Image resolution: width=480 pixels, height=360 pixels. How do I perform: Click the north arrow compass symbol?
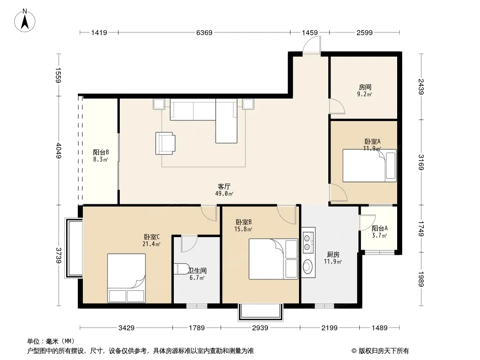tap(25, 21)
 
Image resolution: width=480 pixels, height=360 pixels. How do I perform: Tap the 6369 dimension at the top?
tap(204, 32)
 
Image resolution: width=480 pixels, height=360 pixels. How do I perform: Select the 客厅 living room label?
tap(224, 186)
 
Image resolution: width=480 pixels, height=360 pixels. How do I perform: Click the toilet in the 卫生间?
tap(181, 269)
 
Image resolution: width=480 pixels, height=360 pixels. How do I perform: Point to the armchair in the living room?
tap(165, 143)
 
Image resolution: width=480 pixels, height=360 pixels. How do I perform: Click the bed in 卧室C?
tap(126, 278)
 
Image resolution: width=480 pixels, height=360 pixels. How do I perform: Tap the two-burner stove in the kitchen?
tap(308, 240)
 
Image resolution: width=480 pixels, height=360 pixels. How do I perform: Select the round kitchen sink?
tap(308, 266)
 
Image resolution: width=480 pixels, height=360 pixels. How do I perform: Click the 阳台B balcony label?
tap(101, 152)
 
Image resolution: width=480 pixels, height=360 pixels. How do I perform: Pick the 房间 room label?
tap(365, 87)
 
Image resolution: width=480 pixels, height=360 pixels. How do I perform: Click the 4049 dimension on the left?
tap(59, 151)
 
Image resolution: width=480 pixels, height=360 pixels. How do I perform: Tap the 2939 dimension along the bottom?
tap(260, 328)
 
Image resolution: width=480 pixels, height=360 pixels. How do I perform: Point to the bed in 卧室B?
tap(273, 259)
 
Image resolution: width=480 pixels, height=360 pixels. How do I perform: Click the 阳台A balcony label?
tap(380, 228)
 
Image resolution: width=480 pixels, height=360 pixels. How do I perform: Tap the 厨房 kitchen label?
tap(333, 255)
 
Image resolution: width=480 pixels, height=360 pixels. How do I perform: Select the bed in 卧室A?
tap(370, 166)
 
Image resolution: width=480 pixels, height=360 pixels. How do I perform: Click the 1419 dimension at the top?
tap(99, 32)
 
